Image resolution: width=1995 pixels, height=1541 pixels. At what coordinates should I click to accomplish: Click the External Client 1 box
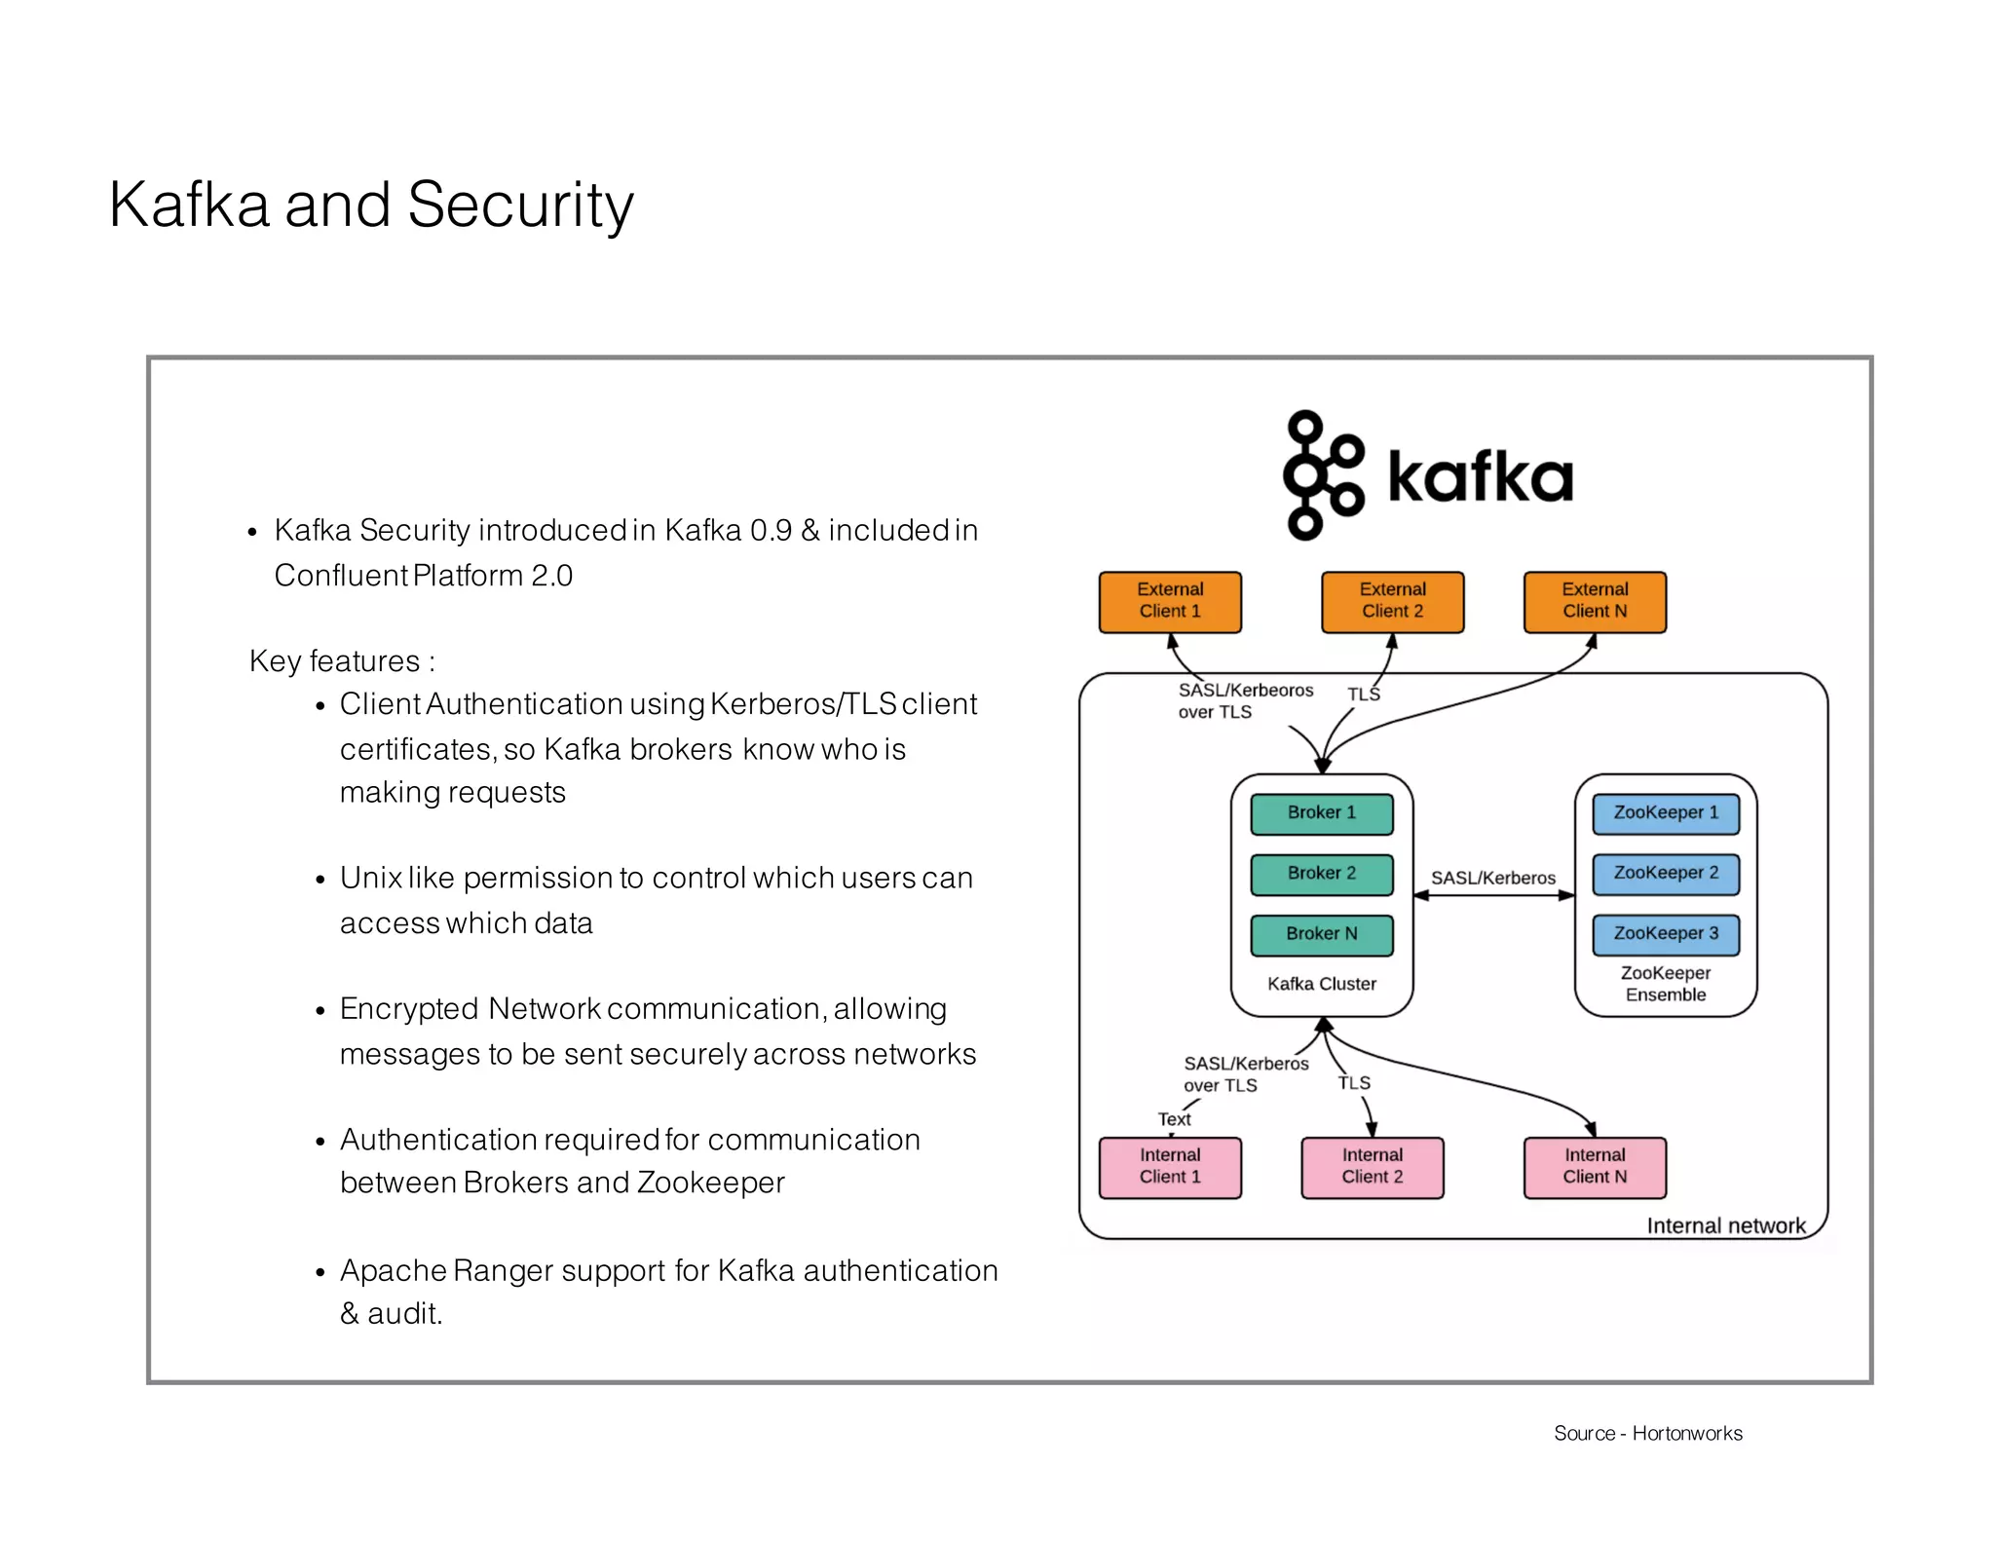click(1169, 602)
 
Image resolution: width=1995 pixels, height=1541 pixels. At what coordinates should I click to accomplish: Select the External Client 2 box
click(1391, 602)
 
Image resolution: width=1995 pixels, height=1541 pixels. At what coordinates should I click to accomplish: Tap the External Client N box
click(1594, 602)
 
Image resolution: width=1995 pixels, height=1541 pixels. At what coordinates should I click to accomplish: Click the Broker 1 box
click(1321, 813)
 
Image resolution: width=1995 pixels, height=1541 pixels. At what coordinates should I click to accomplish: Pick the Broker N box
click(1321, 934)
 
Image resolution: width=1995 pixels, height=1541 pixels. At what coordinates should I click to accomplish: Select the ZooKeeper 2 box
click(1665, 874)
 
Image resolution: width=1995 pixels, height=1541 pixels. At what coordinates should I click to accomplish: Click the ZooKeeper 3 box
click(1665, 934)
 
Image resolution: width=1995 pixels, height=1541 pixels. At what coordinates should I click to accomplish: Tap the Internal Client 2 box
click(1372, 1167)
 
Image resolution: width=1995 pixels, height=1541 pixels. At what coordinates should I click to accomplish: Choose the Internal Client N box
click(1594, 1167)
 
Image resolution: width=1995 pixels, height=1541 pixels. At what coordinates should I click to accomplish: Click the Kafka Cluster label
click(1321, 984)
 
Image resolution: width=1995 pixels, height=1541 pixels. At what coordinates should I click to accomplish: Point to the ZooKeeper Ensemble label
click(1665, 984)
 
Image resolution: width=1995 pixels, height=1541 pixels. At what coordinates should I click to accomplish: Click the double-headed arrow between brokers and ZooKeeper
click(1492, 895)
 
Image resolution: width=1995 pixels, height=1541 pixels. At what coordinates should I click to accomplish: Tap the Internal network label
click(1725, 1225)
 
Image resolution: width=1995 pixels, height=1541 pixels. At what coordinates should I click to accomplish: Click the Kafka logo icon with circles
click(1322, 475)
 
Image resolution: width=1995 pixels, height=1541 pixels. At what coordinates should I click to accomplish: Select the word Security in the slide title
click(519, 206)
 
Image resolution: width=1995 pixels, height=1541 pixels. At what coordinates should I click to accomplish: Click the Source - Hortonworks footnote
click(1647, 1433)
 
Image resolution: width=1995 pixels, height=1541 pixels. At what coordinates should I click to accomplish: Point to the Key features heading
click(341, 661)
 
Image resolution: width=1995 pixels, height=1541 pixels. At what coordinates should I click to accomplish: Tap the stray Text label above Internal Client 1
click(1173, 1119)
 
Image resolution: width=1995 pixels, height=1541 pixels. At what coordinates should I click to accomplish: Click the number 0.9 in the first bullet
click(771, 531)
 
